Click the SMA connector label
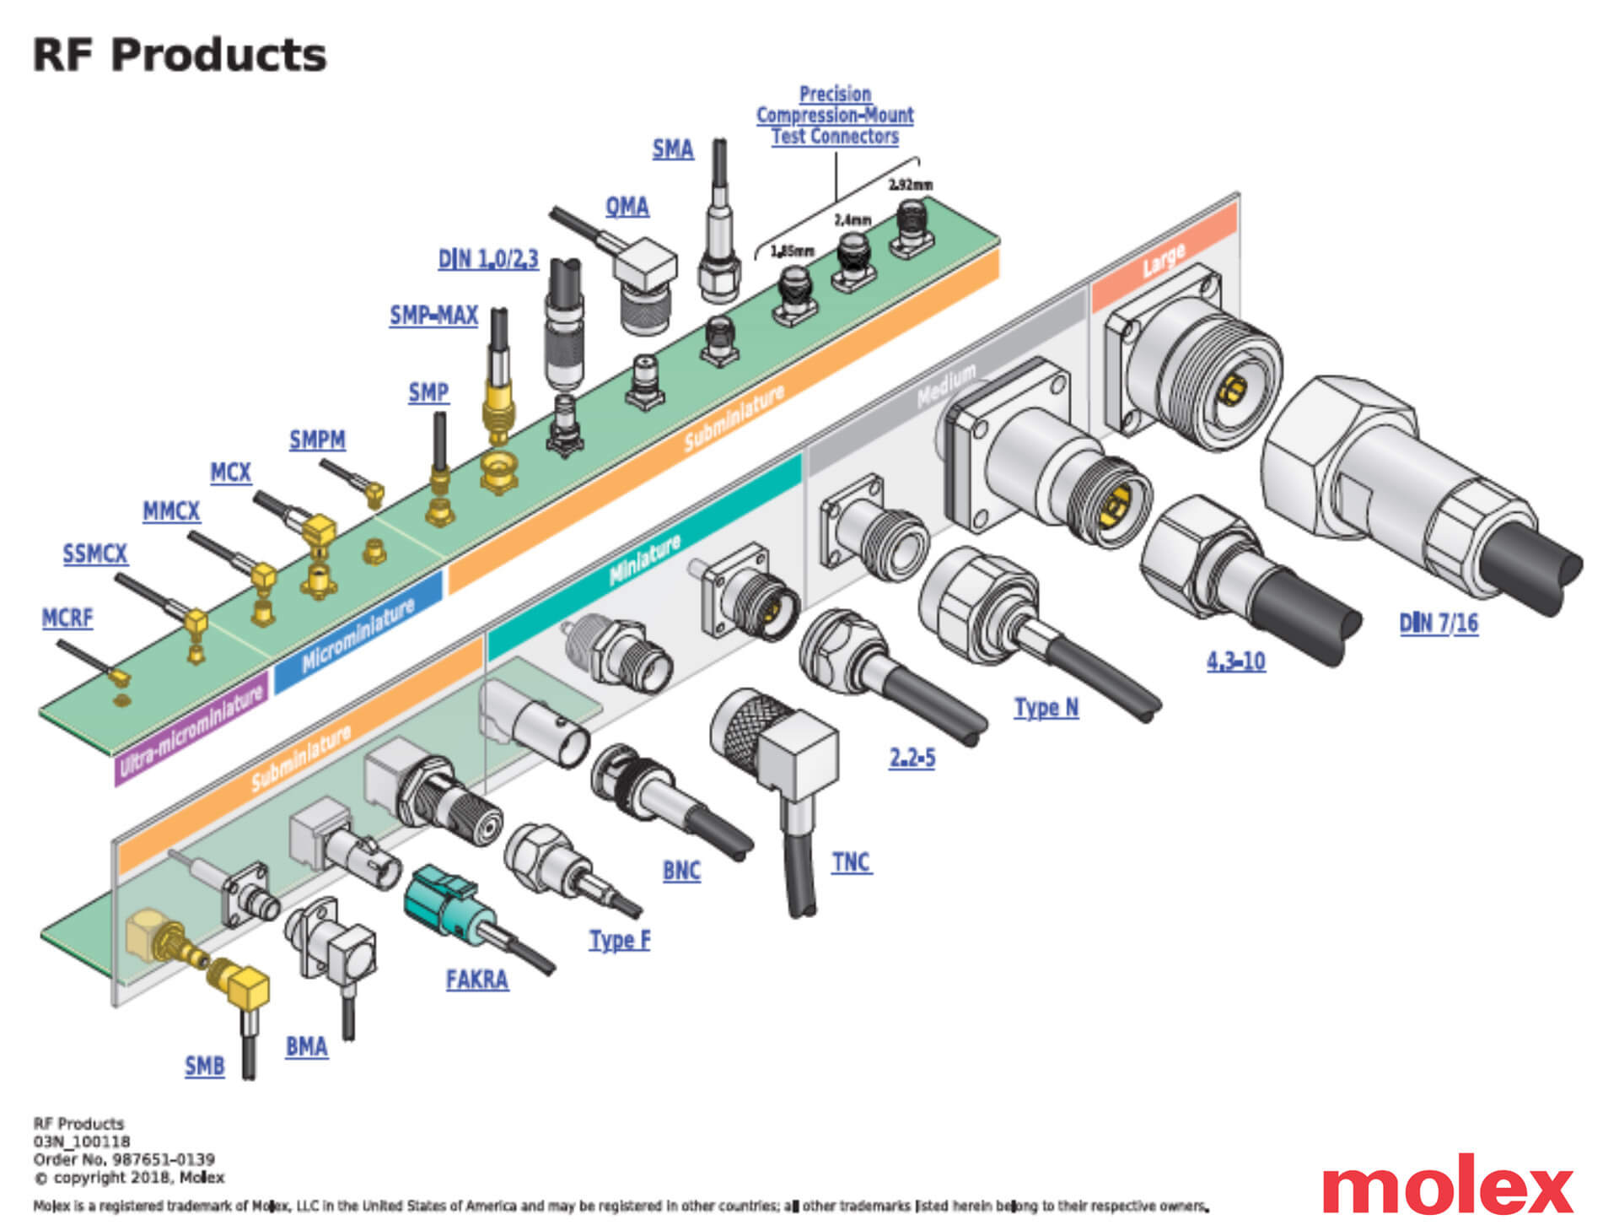click(672, 150)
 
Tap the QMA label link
click(627, 207)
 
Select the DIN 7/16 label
click(1438, 624)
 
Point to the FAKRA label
click(476, 980)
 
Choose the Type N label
click(1046, 707)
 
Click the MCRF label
click(67, 618)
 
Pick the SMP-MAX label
click(433, 316)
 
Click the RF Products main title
click(179, 56)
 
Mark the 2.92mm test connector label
click(910, 185)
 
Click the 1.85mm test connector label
click(792, 251)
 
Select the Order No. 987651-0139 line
click(124, 1159)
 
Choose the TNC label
click(851, 862)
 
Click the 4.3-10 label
click(1235, 661)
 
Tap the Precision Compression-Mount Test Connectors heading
click(835, 116)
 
